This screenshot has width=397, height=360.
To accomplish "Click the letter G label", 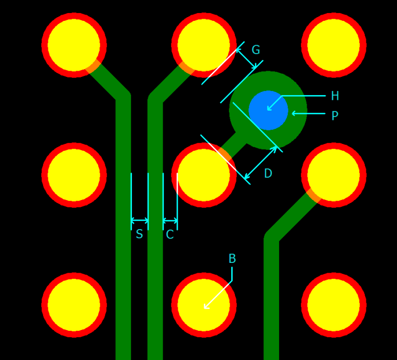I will click(256, 50).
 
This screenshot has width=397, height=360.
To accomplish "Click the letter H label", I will click(335, 96).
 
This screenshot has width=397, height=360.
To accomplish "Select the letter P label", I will click(335, 116).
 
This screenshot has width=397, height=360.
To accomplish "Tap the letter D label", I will click(268, 174).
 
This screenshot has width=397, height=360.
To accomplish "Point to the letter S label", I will click(139, 235).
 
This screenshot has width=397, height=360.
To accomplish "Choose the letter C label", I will click(169, 235).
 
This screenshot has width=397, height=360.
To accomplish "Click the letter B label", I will click(232, 259).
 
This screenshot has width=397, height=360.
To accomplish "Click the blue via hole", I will click(268, 110).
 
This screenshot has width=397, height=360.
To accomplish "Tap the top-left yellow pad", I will click(74, 45).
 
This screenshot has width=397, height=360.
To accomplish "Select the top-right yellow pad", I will click(334, 45).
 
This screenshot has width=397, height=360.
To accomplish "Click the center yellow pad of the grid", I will click(204, 175).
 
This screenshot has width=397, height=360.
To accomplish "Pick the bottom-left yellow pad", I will click(74, 305).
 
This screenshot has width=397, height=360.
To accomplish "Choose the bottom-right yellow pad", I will click(334, 305).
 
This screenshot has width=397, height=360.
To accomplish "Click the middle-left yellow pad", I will click(74, 175).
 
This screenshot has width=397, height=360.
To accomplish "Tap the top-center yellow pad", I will click(204, 45).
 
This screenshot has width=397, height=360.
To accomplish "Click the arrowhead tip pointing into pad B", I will click(205, 308).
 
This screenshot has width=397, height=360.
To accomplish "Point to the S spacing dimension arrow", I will click(139, 221).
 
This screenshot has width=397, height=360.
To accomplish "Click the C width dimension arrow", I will click(170, 221).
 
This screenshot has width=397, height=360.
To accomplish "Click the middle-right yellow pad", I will click(334, 175).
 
